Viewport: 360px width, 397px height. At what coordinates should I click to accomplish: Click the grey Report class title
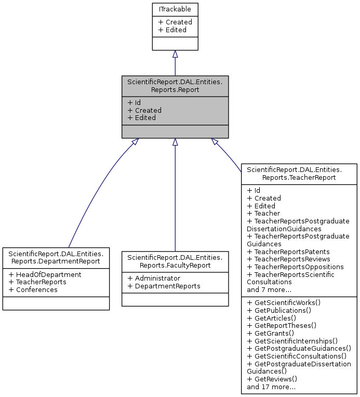pyautogui.click(x=175, y=86)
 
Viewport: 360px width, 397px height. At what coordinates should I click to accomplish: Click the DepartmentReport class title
pyautogui.click(x=56, y=257)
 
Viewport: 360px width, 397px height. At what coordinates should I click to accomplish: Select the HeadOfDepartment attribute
pyautogui.click(x=45, y=274)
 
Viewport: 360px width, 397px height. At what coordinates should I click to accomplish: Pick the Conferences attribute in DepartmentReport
pyautogui.click(x=33, y=289)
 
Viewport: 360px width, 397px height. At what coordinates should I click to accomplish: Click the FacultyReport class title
pyautogui.click(x=175, y=261)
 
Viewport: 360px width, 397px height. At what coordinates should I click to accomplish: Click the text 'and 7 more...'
pyautogui.click(x=269, y=289)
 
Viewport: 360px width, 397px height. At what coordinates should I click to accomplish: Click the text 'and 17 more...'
pyautogui.click(x=271, y=387)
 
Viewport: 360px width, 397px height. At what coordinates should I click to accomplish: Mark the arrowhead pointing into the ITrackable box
pyautogui.click(x=175, y=54)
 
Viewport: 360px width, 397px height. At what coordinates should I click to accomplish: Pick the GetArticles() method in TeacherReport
pyautogui.click(x=272, y=317)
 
